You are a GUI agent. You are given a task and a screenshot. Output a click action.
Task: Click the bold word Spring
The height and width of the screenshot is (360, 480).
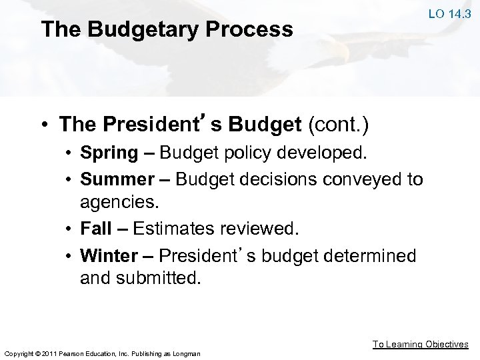109,153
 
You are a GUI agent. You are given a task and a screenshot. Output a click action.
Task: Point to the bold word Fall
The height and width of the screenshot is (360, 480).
95,229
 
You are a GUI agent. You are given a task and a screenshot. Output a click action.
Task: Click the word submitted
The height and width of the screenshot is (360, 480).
160,278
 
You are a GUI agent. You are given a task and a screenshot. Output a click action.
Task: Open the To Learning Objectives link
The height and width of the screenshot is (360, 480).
420,344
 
